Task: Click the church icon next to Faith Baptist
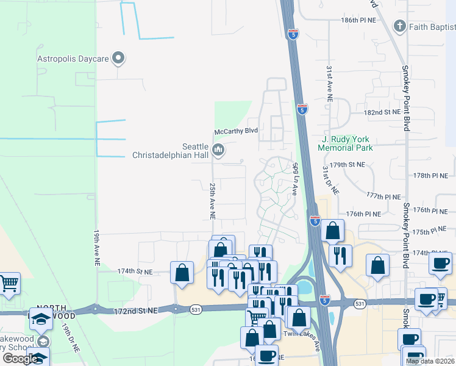[399, 26]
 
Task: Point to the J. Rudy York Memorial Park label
[345, 143]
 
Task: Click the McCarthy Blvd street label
[236, 131]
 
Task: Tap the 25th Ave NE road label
[212, 200]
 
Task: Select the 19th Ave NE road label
[97, 247]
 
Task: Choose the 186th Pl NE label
[358, 20]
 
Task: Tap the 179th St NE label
[352, 165]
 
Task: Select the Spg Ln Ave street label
[294, 178]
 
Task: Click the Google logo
[20, 358]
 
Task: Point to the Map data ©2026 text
[430, 361]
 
